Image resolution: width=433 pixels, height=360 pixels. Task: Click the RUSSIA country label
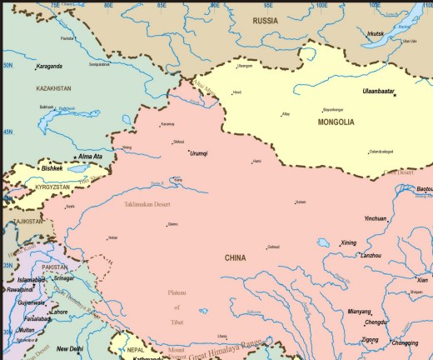[266, 20]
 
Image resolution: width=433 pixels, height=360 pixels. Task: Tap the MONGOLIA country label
[336, 122]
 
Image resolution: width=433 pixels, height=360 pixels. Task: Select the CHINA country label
[236, 258]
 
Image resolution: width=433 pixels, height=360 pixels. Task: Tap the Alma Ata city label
[90, 157]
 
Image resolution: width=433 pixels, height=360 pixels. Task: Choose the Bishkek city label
[52, 168]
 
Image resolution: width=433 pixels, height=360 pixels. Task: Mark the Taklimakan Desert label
[147, 204]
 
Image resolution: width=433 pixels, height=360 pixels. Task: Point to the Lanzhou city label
[371, 255]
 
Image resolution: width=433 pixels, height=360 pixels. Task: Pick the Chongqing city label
[405, 342]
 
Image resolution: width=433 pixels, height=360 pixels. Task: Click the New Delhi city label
[70, 349]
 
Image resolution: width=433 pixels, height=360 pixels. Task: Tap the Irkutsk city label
[376, 33]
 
